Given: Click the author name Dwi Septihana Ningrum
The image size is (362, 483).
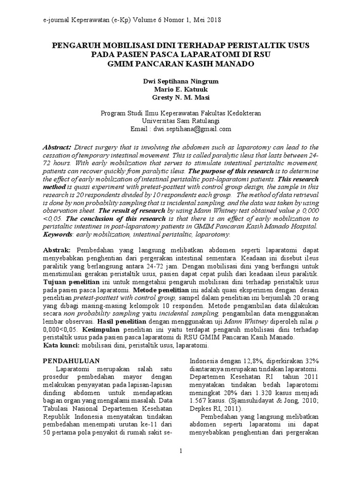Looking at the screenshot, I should click(x=181, y=81).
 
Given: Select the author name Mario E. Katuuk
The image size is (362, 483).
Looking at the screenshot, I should click(x=181, y=89).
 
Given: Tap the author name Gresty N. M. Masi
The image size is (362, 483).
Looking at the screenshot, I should click(x=181, y=97).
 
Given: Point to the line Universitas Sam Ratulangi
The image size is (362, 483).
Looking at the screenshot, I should click(x=181, y=121).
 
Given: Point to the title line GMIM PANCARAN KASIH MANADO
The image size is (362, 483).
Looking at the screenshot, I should click(x=181, y=63).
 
